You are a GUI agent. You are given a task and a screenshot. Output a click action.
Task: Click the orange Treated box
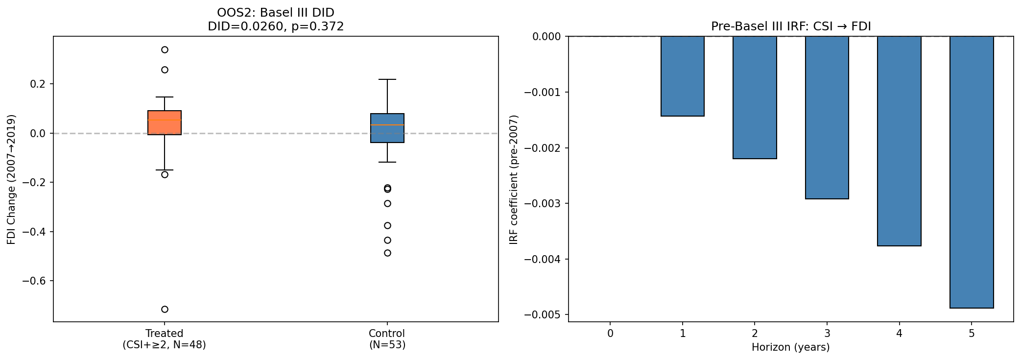(165, 122)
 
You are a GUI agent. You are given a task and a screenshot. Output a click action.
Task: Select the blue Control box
(387, 128)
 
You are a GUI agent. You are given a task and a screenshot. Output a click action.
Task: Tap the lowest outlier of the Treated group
(165, 309)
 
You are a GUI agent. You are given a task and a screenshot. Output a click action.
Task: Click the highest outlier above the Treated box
(165, 49)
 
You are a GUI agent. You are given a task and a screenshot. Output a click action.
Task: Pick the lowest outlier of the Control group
(387, 253)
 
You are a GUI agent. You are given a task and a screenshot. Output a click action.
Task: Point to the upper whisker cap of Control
(387, 79)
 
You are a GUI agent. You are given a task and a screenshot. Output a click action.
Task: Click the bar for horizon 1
(682, 76)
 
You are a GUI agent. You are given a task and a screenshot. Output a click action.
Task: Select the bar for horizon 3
(827, 118)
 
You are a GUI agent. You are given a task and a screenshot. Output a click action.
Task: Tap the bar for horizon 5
(972, 171)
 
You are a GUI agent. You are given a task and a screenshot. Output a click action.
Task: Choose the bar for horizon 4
(899, 141)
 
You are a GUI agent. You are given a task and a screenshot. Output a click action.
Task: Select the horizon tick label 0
(610, 334)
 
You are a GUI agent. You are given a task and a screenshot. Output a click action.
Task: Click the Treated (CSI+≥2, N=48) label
(165, 339)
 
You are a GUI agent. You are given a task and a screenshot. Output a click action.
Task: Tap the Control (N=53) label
(387, 339)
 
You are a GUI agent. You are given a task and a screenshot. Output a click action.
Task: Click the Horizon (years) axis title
(790, 348)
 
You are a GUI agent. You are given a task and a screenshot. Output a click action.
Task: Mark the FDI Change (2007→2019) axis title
(11, 179)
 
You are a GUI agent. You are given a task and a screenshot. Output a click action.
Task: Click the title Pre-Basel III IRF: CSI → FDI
(790, 26)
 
